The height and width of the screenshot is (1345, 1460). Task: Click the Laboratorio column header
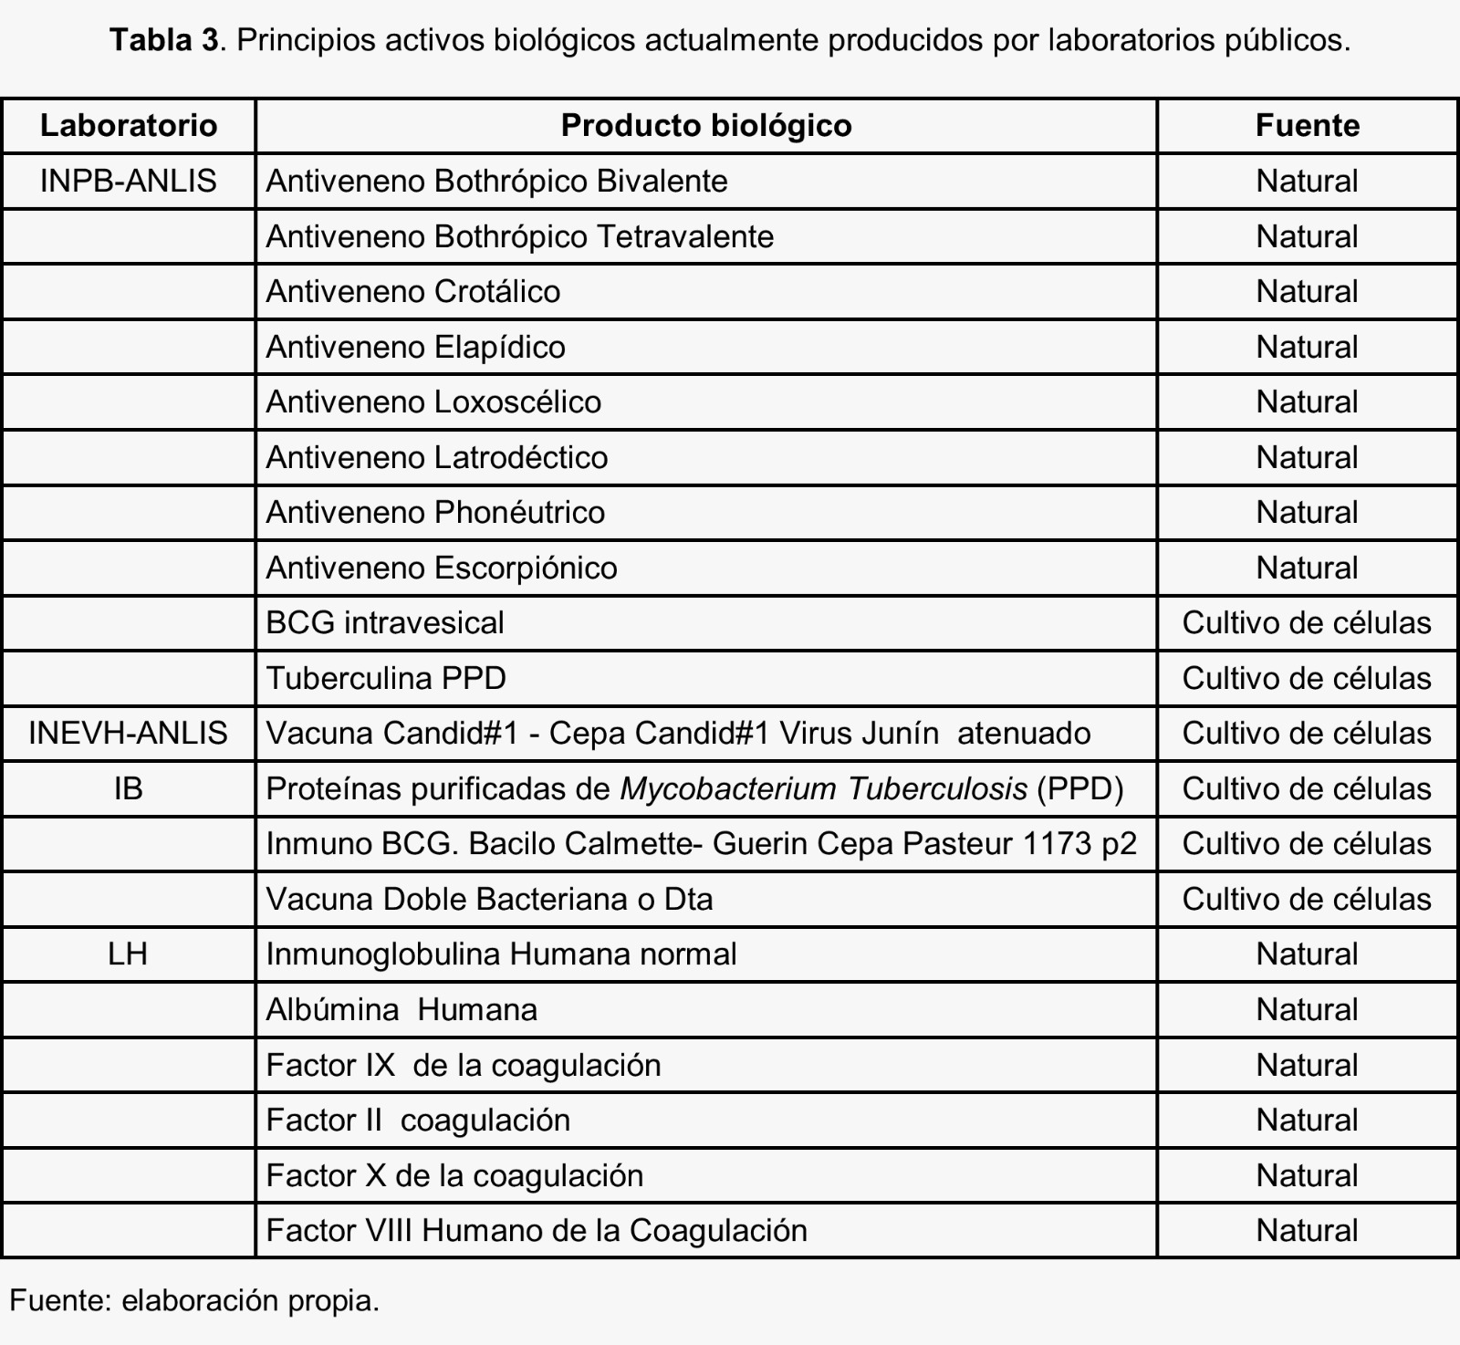pyautogui.click(x=129, y=125)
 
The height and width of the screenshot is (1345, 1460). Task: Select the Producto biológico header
pyautogui.click(x=705, y=125)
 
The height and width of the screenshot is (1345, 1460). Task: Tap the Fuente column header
pyautogui.click(x=1307, y=125)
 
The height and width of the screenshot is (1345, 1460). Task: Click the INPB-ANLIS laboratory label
pyautogui.click(x=129, y=181)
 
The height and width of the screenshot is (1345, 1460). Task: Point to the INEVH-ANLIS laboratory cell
pyautogui.click(x=129, y=733)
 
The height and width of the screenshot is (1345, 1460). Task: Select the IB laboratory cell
pyautogui.click(x=129, y=788)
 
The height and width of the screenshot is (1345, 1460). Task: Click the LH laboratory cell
pyautogui.click(x=129, y=954)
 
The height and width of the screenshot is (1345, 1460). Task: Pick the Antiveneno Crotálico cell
pyautogui.click(x=413, y=291)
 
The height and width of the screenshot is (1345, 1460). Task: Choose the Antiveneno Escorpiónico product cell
pyautogui.click(x=442, y=568)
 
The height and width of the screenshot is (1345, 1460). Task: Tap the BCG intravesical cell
pyautogui.click(x=385, y=622)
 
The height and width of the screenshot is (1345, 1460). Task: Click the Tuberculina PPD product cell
pyautogui.click(x=386, y=678)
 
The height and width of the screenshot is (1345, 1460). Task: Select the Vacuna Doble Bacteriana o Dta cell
pyautogui.click(x=489, y=899)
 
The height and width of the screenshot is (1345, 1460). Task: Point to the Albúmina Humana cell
pyautogui.click(x=401, y=1009)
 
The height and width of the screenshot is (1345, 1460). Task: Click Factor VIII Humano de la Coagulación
pyautogui.click(x=537, y=1230)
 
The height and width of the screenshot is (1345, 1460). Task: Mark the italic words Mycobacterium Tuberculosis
pyautogui.click(x=823, y=788)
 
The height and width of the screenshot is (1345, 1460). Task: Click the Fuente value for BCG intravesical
pyautogui.click(x=1307, y=622)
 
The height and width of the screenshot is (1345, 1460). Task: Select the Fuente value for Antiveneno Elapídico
pyautogui.click(x=1307, y=347)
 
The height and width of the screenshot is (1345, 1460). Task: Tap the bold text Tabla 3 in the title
pyautogui.click(x=165, y=40)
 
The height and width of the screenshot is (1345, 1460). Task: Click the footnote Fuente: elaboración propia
pyautogui.click(x=194, y=1299)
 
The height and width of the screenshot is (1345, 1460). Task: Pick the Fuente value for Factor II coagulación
pyautogui.click(x=1307, y=1120)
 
